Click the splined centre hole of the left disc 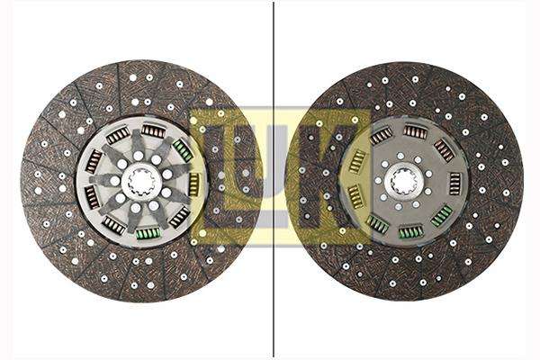click(142, 181)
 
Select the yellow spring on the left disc click(194, 184)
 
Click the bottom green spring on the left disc click(148, 234)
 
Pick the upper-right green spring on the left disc click(183, 150)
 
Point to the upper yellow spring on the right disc click(357, 162)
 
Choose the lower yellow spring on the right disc click(356, 196)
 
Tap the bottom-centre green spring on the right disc click(411, 232)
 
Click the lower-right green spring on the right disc click(441, 216)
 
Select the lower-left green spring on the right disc click(377, 224)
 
